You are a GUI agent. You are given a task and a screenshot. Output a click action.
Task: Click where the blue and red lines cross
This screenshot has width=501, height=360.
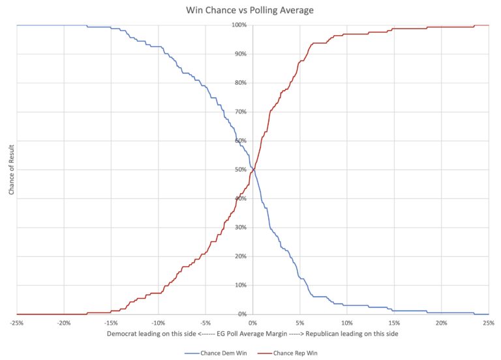click(252, 170)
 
